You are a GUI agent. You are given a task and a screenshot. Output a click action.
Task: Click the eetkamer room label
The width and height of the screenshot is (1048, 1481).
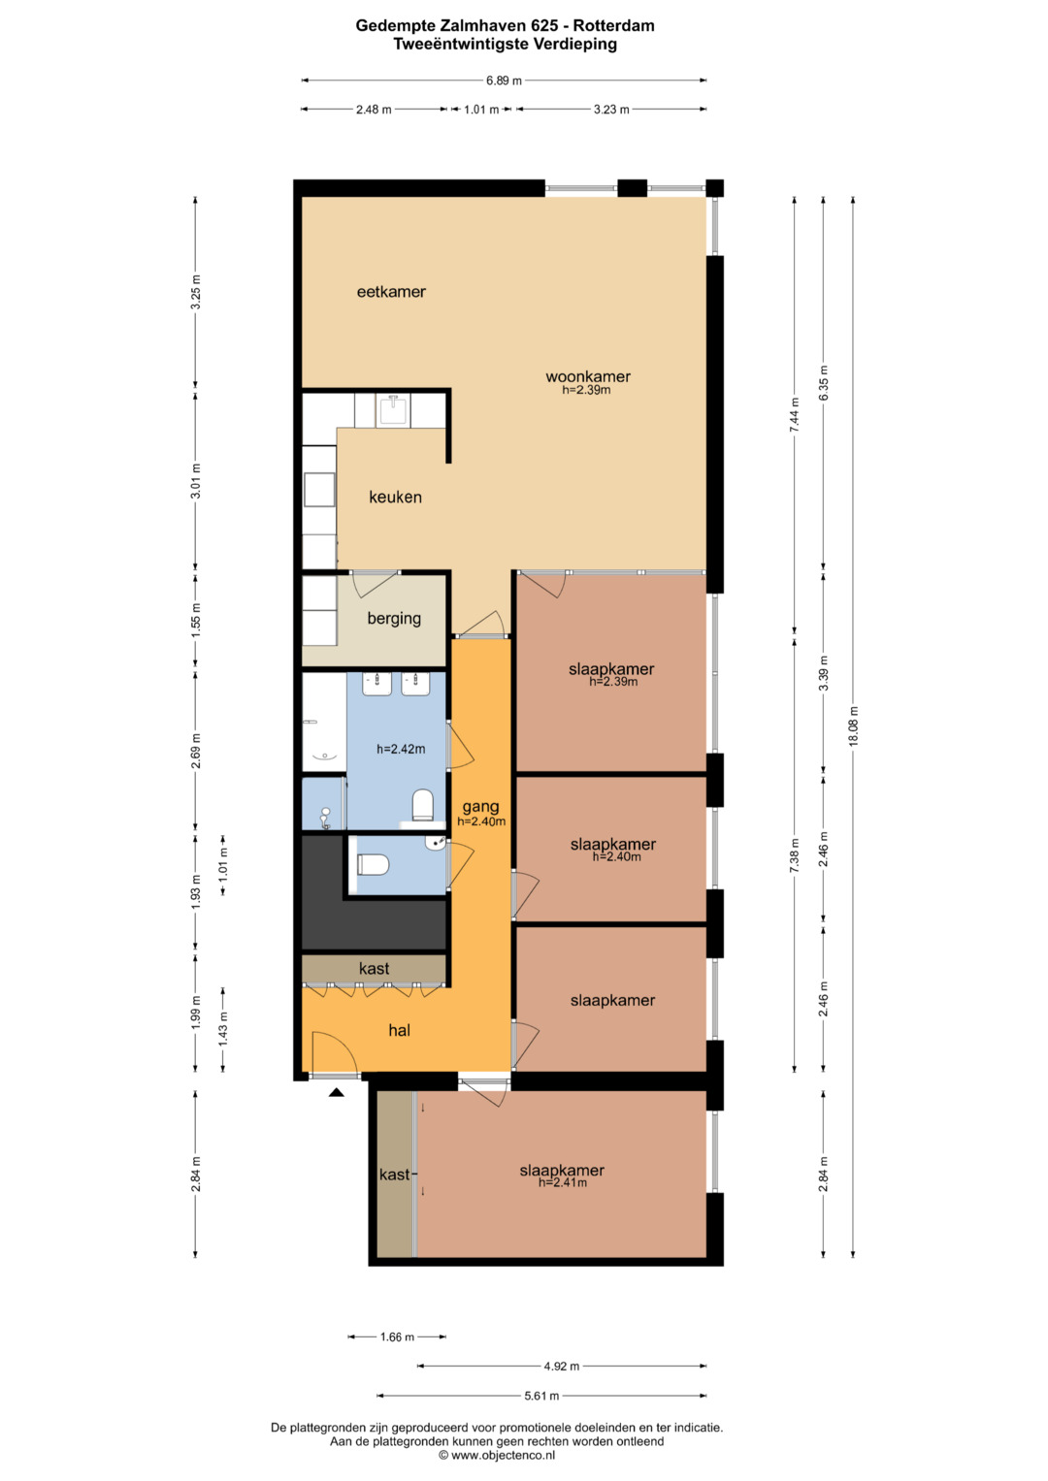(x=391, y=292)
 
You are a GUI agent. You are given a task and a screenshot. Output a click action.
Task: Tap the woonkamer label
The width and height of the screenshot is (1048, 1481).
(x=587, y=377)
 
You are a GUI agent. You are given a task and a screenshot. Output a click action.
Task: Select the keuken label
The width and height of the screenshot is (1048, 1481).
(x=395, y=498)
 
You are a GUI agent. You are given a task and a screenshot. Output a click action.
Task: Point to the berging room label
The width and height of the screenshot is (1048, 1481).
(x=394, y=619)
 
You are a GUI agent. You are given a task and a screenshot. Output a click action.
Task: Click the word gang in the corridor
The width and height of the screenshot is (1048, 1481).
(x=480, y=807)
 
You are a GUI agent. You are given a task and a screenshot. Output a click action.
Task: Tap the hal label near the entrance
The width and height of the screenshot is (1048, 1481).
(x=399, y=1030)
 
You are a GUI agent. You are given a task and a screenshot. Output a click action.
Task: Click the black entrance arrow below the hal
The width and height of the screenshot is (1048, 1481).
(x=336, y=1093)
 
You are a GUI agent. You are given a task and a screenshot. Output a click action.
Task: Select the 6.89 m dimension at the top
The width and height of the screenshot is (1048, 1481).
(x=504, y=80)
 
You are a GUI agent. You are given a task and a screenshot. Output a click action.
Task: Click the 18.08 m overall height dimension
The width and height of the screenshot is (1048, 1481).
(x=853, y=726)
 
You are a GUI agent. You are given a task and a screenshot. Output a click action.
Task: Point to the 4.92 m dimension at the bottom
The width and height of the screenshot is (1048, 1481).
(x=561, y=1366)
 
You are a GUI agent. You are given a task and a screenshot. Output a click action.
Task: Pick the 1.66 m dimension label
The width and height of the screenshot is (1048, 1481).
(x=397, y=1336)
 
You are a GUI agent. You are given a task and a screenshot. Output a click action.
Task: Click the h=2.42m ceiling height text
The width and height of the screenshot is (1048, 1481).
(x=400, y=749)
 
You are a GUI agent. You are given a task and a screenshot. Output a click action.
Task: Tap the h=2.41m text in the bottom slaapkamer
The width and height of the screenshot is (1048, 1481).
(x=563, y=1183)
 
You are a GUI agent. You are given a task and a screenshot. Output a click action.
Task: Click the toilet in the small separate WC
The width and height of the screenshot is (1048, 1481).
(x=373, y=864)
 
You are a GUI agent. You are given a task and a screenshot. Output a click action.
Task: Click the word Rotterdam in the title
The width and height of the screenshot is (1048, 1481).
(x=613, y=26)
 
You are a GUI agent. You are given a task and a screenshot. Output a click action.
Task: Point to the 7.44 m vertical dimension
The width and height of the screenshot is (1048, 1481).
(x=795, y=414)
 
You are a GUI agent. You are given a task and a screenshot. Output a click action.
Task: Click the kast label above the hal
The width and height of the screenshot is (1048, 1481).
(x=374, y=969)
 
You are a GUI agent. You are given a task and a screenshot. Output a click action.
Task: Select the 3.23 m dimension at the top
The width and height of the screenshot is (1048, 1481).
(x=610, y=110)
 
